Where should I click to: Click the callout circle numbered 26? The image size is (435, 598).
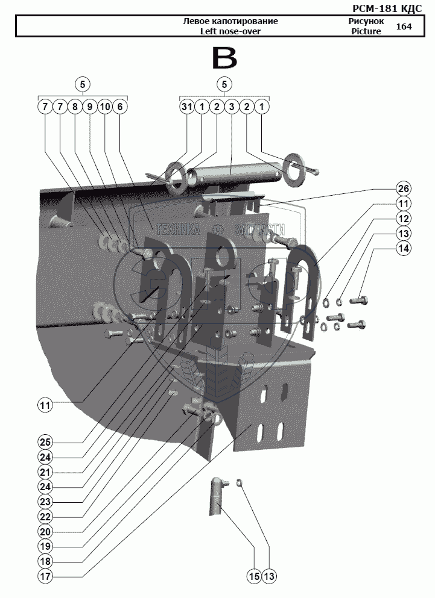click(x=404, y=187)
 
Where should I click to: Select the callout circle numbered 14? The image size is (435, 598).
click(x=404, y=248)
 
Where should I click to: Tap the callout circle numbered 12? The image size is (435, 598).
click(x=404, y=219)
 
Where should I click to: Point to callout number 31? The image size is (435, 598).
click(x=187, y=107)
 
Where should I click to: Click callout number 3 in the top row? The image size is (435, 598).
click(x=231, y=107)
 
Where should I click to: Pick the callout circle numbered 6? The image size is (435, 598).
click(x=119, y=107)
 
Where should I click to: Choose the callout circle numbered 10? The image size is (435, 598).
click(x=104, y=107)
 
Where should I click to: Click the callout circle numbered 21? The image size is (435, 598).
click(x=45, y=471)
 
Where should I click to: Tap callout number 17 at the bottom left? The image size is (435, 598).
click(x=45, y=576)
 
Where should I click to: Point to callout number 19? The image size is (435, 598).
click(x=45, y=546)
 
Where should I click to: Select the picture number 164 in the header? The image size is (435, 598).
click(x=404, y=26)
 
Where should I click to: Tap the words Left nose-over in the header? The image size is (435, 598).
click(x=230, y=31)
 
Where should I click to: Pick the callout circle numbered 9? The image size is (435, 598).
click(x=89, y=107)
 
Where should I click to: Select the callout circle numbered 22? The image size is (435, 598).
click(x=45, y=516)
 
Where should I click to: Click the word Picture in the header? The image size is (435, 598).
click(x=366, y=31)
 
